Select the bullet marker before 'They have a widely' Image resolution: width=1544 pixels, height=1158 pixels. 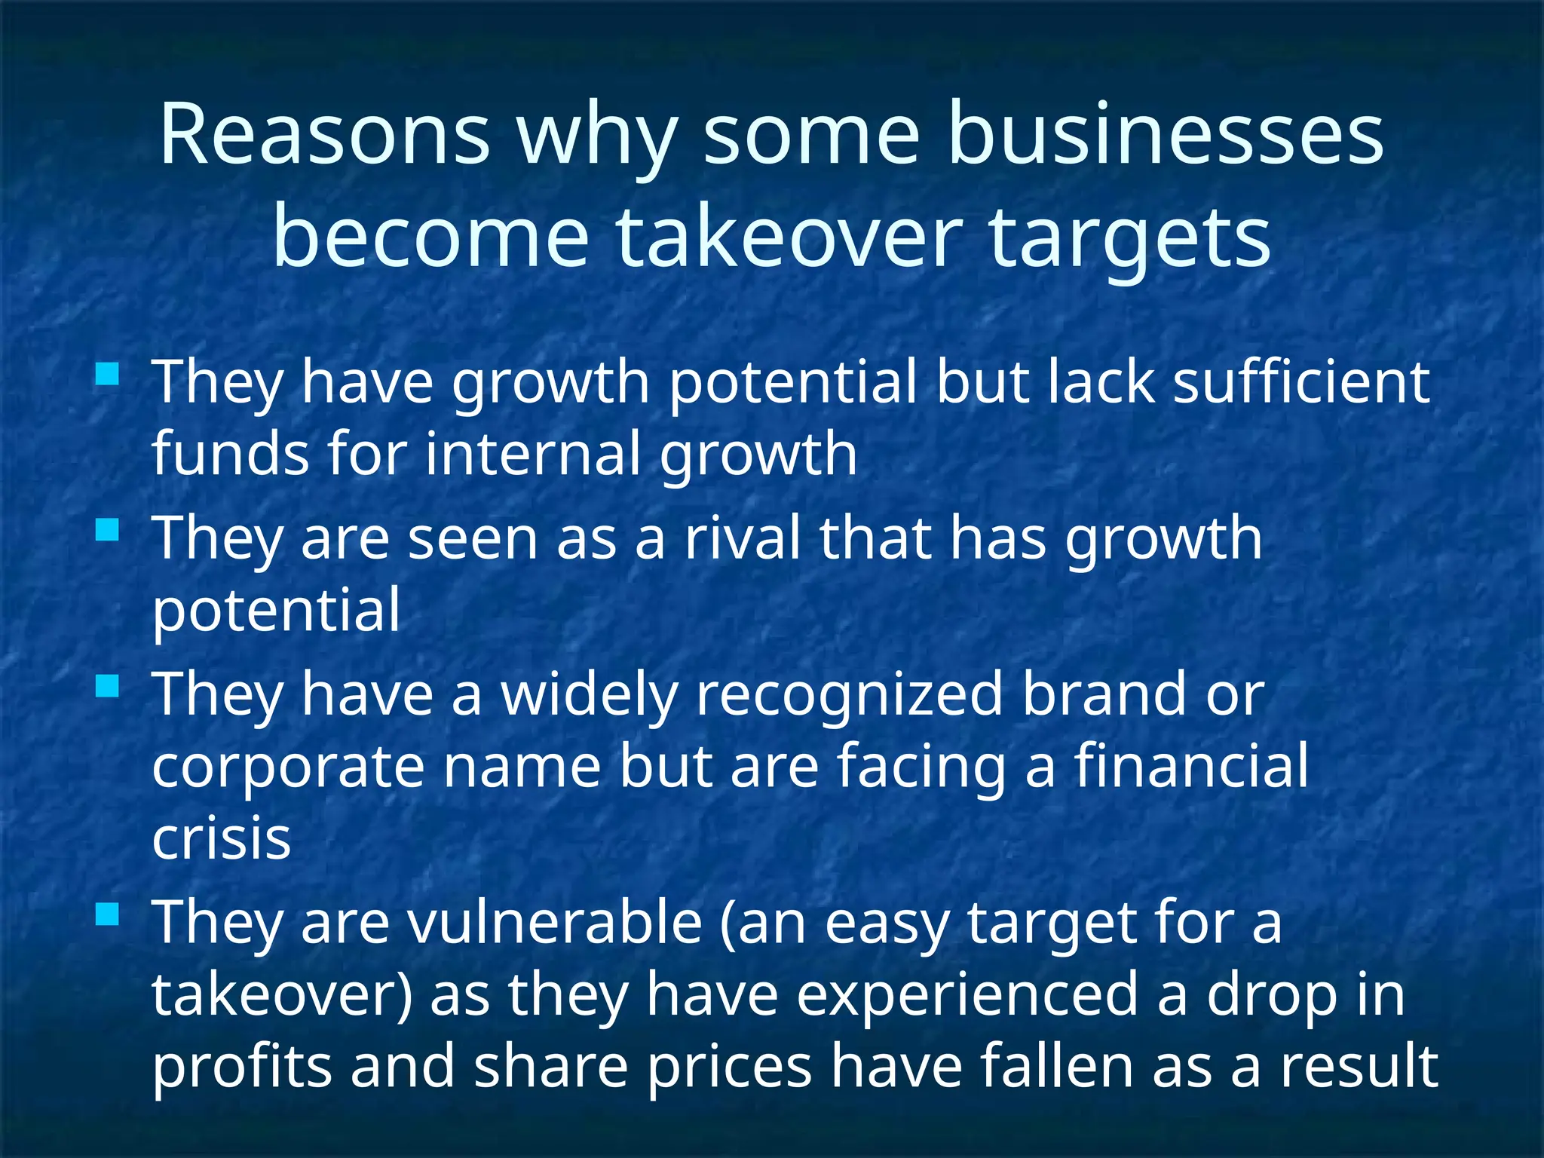[x=108, y=686]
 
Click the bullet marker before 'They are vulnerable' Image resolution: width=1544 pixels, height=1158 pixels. [x=108, y=914]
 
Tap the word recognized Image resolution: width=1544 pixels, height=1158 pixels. [x=849, y=694]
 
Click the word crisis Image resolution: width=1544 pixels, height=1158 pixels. [x=221, y=838]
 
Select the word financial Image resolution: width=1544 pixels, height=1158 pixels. [x=1191, y=766]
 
